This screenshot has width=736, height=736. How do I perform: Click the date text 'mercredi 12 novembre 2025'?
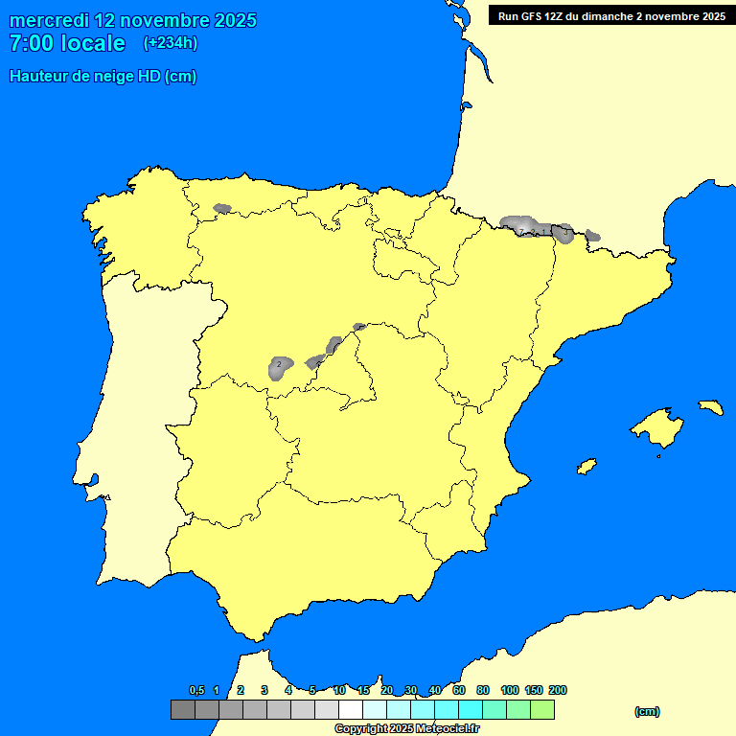point(133,20)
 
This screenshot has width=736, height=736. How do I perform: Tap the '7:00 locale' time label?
point(67,43)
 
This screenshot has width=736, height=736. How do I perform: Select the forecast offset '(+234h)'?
point(171,43)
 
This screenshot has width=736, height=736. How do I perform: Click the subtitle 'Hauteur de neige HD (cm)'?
point(103,77)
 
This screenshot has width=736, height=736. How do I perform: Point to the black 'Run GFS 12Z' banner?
point(608,15)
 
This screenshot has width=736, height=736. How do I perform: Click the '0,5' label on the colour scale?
point(196,690)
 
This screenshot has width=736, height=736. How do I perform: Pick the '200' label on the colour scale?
point(557,690)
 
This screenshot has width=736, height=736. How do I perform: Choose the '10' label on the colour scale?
point(339,690)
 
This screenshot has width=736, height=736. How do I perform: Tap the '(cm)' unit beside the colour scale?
point(647,711)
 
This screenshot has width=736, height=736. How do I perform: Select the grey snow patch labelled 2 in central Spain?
point(279,366)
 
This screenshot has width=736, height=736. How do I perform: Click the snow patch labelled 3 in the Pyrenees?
point(563,233)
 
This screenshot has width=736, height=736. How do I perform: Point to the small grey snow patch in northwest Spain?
point(222,208)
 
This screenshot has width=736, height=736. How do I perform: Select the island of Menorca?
point(710,406)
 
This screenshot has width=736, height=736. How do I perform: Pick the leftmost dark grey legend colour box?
point(182,710)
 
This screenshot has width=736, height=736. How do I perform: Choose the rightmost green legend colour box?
point(542,710)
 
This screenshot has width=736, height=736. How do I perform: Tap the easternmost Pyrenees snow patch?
point(592,236)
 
